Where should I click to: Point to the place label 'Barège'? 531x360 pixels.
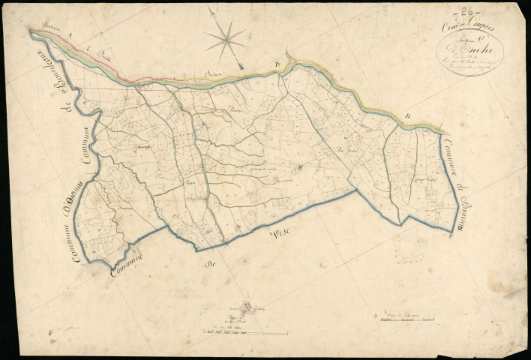[143, 148]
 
